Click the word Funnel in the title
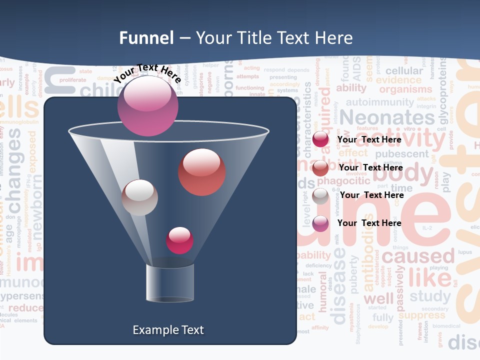146,38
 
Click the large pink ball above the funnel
148,105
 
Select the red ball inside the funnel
202,172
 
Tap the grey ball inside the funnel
139,197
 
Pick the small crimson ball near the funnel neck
179,240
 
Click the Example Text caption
168,330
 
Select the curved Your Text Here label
147,73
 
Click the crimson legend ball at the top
320,140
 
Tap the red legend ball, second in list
320,168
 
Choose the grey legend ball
320,196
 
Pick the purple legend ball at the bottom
320,223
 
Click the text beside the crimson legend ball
369,140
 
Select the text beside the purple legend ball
369,223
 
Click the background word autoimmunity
380,102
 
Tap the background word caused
418,257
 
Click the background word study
430,296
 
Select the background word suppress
421,315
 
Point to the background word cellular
404,71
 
